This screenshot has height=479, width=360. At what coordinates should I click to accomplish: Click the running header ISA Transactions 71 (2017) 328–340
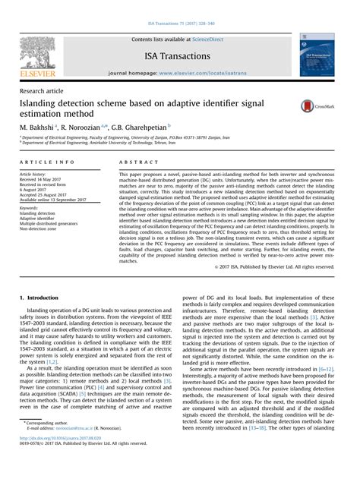(x=180, y=5)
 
